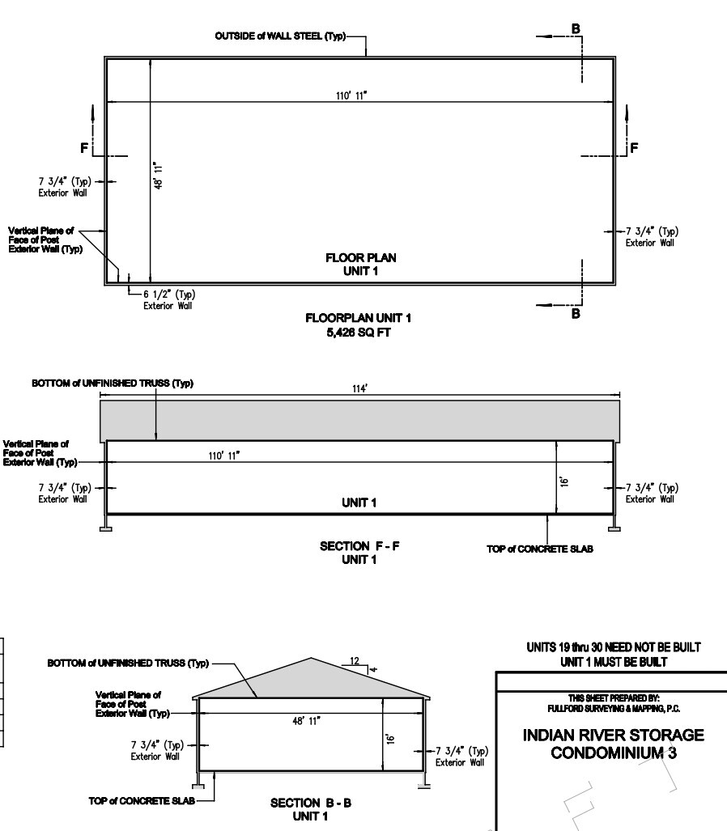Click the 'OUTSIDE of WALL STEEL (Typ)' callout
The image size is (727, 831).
point(280,36)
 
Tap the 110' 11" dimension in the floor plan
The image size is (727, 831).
point(351,95)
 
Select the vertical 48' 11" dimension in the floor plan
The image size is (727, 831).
point(158,176)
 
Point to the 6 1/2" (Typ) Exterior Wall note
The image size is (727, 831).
point(169,299)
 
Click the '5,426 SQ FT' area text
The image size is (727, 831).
point(359,333)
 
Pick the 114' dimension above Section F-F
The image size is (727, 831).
point(360,389)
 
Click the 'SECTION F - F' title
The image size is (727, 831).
point(359,546)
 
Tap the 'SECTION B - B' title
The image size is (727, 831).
point(311,803)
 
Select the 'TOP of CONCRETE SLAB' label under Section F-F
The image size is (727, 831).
point(540,549)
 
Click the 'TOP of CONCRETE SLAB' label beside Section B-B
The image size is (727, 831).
point(142,801)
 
